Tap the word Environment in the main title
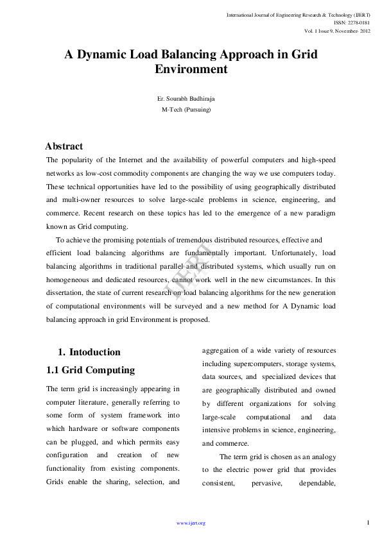pyautogui.click(x=191, y=69)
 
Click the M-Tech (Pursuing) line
pyautogui.click(x=186, y=110)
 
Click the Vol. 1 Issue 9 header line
pyautogui.click(x=337, y=31)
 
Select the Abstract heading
pyautogui.click(x=64, y=146)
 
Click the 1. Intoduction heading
pyautogui.click(x=89, y=352)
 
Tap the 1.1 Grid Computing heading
pyautogui.click(x=91, y=370)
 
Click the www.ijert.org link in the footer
pyautogui.click(x=191, y=523)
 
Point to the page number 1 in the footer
pyautogui.click(x=369, y=523)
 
